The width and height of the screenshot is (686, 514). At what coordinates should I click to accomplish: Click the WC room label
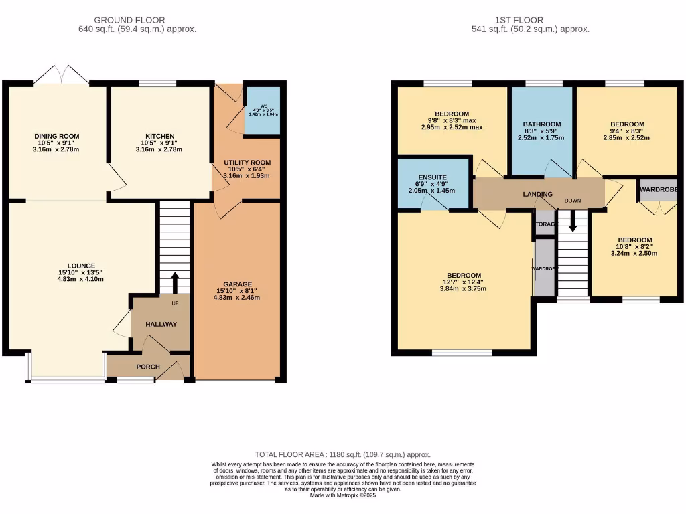[254, 105]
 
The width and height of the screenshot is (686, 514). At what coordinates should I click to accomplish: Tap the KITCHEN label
[160, 136]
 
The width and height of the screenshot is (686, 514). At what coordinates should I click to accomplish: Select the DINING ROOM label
[57, 136]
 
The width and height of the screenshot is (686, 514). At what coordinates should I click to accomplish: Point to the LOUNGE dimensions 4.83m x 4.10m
[80, 280]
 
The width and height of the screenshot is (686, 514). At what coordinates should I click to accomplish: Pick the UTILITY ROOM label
[247, 163]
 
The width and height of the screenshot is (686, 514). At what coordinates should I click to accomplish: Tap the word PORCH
[148, 367]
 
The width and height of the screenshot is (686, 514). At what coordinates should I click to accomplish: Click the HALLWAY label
[161, 325]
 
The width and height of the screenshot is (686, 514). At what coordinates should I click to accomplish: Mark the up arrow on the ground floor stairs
[175, 283]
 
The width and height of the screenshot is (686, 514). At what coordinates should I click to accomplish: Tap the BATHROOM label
[542, 124]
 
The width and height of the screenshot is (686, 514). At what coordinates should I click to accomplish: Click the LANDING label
[537, 195]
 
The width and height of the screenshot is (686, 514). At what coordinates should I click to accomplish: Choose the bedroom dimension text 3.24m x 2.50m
[633, 254]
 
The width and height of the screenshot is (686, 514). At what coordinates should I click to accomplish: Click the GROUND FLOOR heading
[130, 20]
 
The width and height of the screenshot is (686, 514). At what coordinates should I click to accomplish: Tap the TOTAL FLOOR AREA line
[342, 454]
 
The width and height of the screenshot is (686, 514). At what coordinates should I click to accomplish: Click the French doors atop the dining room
[61, 75]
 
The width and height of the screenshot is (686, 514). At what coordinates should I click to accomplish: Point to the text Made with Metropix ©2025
[342, 495]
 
